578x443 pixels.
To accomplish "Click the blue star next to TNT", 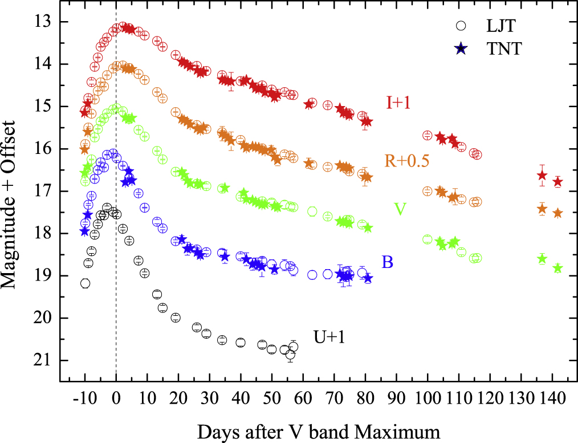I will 461,49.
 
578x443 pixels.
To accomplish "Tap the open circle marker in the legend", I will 461,26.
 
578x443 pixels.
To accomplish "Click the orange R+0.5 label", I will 407,160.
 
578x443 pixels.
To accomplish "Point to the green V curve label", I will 400,209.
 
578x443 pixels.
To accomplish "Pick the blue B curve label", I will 388,262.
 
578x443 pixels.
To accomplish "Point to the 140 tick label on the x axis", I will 552,397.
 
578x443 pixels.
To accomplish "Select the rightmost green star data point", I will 557,268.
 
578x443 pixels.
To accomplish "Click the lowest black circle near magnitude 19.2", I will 85,283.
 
